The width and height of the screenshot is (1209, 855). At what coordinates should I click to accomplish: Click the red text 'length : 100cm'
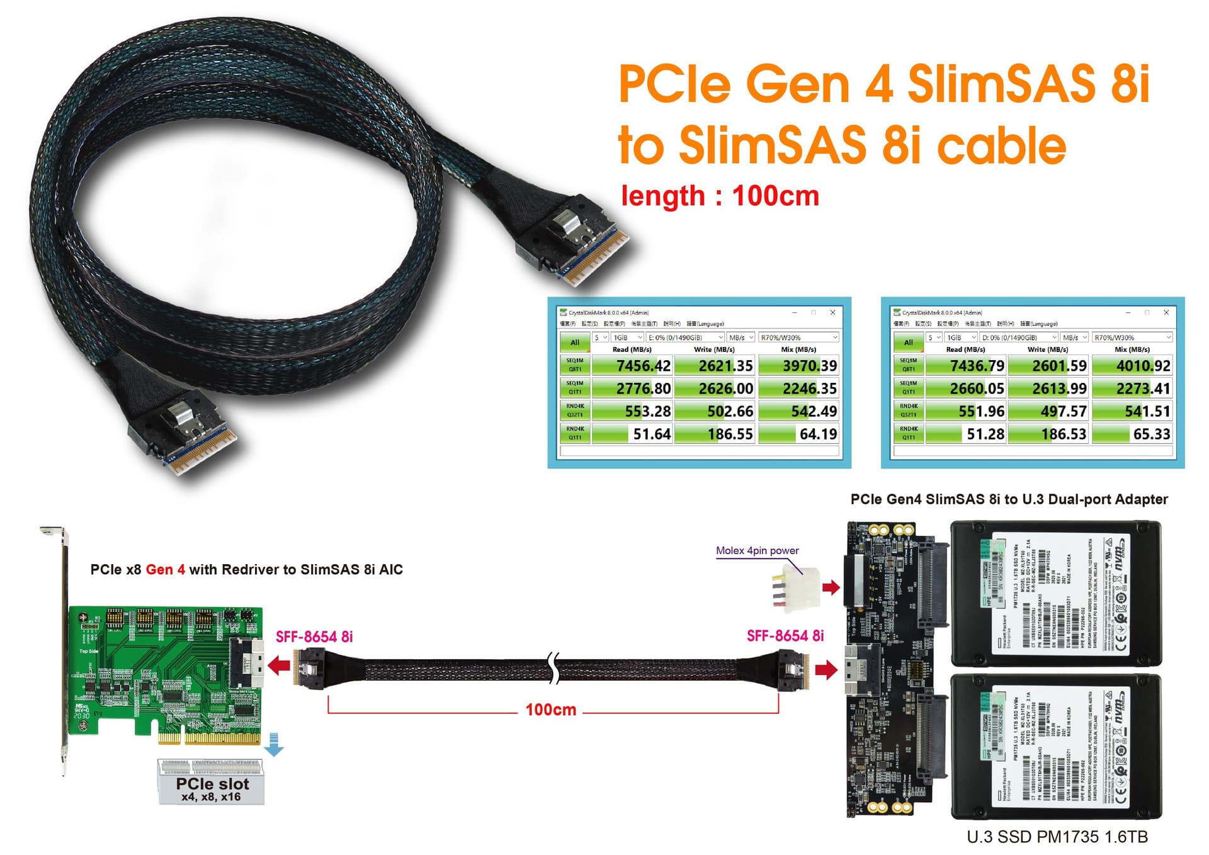[720, 196]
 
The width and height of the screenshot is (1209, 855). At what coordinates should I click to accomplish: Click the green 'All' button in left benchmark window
[574, 342]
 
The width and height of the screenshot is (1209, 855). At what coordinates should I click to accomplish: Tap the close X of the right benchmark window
[1166, 312]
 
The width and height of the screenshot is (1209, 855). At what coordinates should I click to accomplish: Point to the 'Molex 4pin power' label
[757, 550]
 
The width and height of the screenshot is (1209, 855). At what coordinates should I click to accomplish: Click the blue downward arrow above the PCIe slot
[274, 744]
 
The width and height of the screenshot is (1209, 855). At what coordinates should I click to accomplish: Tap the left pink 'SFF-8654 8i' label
[314, 637]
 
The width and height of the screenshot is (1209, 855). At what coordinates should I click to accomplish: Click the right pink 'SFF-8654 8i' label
[785, 636]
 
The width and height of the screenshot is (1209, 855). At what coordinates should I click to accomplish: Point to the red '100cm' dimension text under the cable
[551, 710]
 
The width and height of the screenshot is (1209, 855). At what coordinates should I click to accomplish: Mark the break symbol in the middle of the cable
[553, 668]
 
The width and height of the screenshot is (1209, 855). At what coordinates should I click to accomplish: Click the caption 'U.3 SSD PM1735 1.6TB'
[1057, 837]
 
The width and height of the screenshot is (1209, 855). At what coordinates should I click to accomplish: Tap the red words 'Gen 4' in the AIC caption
[165, 570]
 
